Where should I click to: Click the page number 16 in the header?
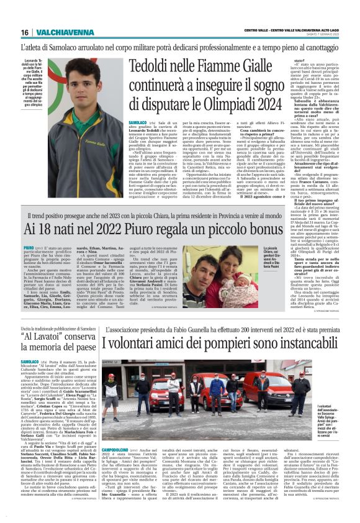[25, 32]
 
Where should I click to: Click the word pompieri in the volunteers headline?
[238, 343]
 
